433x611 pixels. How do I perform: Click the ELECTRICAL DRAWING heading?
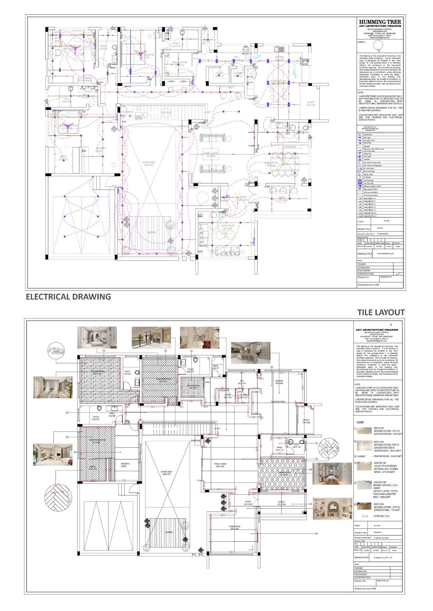(69, 297)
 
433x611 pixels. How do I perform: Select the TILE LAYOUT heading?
(381, 312)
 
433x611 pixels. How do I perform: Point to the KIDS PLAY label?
(166, 113)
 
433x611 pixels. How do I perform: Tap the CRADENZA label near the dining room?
(289, 147)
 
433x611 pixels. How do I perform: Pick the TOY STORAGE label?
(85, 81)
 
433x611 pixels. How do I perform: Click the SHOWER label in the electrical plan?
(193, 188)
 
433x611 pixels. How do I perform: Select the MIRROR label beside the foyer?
(224, 201)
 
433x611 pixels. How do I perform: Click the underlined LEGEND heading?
(361, 422)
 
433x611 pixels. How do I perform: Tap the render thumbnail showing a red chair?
(200, 337)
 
